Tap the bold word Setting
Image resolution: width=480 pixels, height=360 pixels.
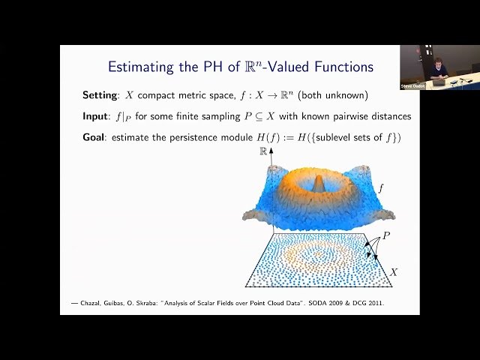tap(102, 96)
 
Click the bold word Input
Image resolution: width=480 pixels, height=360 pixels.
tap(97, 117)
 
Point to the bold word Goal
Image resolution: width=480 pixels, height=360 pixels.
tap(95, 138)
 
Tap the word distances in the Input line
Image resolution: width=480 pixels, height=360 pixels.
tap(387, 117)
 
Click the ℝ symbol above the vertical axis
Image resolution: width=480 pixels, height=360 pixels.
tap(263, 151)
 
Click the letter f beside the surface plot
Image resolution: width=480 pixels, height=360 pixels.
tap(380, 189)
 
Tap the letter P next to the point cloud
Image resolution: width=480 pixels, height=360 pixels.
tap(386, 235)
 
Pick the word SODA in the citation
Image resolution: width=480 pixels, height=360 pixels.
tap(305, 303)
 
